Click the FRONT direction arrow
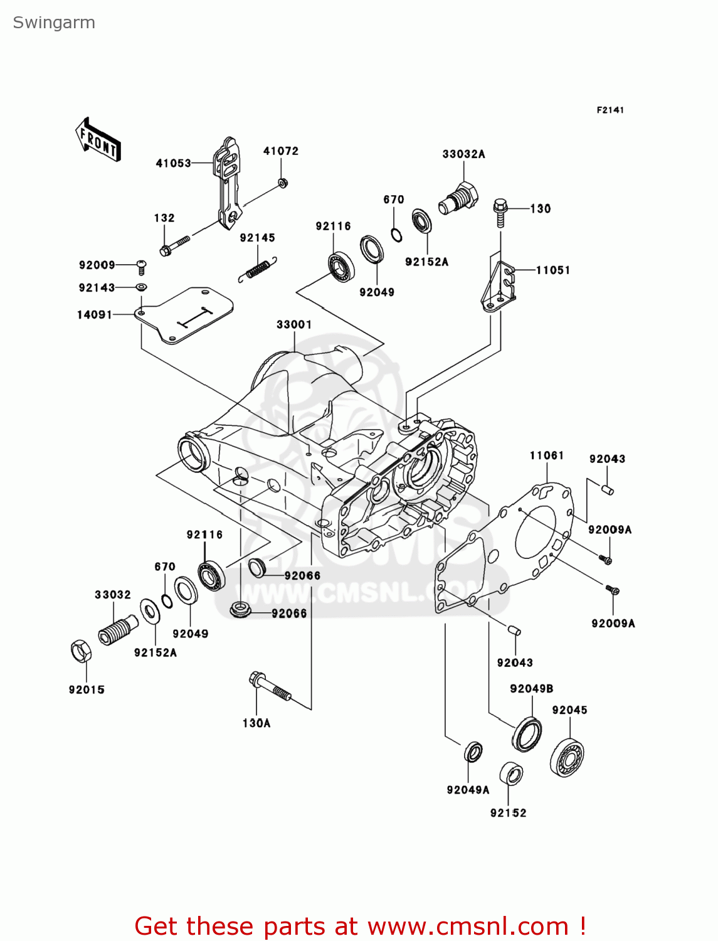tap(98, 140)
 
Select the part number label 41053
tap(173, 163)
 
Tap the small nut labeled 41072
tap(282, 183)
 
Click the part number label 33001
tap(294, 324)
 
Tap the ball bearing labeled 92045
tap(567, 758)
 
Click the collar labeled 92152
tap(511, 775)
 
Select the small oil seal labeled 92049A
tap(473, 752)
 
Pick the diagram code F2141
tap(610, 110)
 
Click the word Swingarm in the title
tap(54, 23)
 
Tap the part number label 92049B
tap(531, 688)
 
